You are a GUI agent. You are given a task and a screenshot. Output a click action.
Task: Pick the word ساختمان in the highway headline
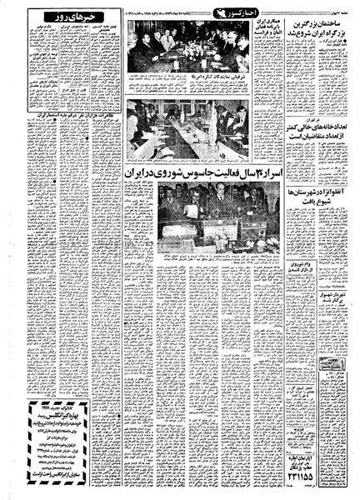click(322, 22)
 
